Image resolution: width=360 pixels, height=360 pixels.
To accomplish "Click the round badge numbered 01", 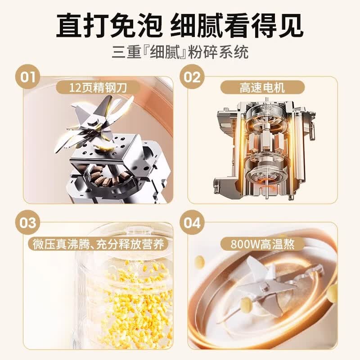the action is tap(27, 77).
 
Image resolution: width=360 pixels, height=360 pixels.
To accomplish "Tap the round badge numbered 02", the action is tap(192, 77).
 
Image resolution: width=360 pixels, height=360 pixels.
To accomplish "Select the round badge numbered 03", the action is tap(27, 222).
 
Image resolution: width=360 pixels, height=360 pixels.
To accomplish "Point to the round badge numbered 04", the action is tap(192, 222).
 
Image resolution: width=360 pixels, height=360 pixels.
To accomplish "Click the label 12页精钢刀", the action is tap(98, 87).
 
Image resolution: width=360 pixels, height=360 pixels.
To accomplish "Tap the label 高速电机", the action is tap(262, 87).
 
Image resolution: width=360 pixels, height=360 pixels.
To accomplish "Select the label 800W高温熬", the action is tap(262, 244).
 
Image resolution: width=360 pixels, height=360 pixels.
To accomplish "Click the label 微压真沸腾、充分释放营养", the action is tap(99, 244).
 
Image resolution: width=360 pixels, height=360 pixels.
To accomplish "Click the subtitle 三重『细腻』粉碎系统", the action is tap(180, 52).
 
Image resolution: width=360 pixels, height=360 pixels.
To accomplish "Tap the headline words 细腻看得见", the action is tap(237, 26).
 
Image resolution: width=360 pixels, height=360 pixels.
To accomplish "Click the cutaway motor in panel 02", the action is tap(264, 149).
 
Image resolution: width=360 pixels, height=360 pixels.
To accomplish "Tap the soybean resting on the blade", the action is tap(247, 303).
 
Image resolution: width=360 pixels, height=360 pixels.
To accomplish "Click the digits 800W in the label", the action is tap(245, 244).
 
